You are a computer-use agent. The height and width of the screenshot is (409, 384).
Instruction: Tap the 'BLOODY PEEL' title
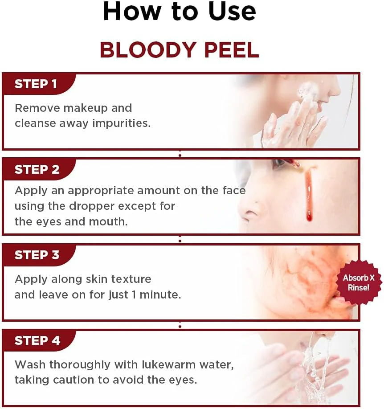coord(180,50)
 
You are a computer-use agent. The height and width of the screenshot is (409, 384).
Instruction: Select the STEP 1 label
coord(36,84)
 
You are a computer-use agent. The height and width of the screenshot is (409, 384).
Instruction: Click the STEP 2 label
coord(37,170)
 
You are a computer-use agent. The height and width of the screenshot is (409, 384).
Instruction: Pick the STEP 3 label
coord(37,255)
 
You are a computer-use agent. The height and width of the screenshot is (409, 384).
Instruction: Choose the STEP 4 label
coord(37,341)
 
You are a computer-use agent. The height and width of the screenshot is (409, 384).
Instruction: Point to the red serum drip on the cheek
coord(307,196)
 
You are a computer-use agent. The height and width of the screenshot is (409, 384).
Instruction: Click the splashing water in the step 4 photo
coord(312,370)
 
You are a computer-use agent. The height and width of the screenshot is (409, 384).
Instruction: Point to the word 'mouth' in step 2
coord(110,221)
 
